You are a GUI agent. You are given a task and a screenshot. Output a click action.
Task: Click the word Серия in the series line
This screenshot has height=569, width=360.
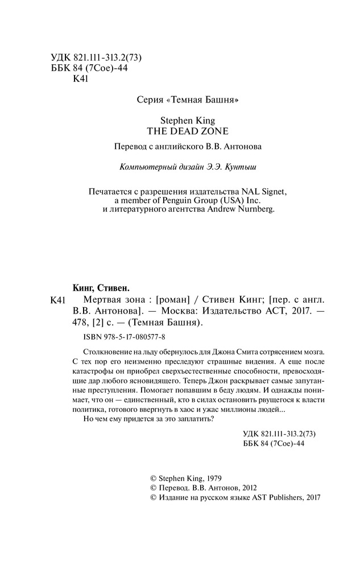click(x=150, y=100)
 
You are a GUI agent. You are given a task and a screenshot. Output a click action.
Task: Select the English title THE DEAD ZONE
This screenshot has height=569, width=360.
click(x=180, y=130)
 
